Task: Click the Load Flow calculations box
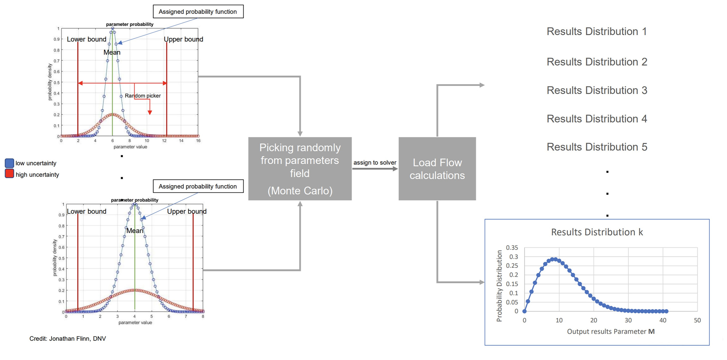tap(437, 169)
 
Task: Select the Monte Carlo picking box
tap(300, 169)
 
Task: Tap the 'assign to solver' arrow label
tap(375, 162)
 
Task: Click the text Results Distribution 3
tap(597, 90)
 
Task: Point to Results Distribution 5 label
tap(597, 147)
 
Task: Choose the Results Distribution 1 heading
tap(597, 31)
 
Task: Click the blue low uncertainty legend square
tap(9, 163)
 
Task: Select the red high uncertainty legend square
tap(9, 173)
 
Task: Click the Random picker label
tap(143, 96)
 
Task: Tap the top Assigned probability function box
tap(198, 12)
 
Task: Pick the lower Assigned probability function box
tap(198, 186)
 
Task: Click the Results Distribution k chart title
tap(597, 232)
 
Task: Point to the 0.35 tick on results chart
tap(512, 248)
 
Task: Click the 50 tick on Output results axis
tap(697, 320)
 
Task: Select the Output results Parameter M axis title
tap(611, 331)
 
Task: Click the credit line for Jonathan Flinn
tap(68, 338)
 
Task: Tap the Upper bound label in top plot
tap(183, 39)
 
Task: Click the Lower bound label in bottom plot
tap(87, 211)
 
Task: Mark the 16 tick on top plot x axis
tap(198, 141)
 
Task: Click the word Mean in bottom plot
tap(135, 231)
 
